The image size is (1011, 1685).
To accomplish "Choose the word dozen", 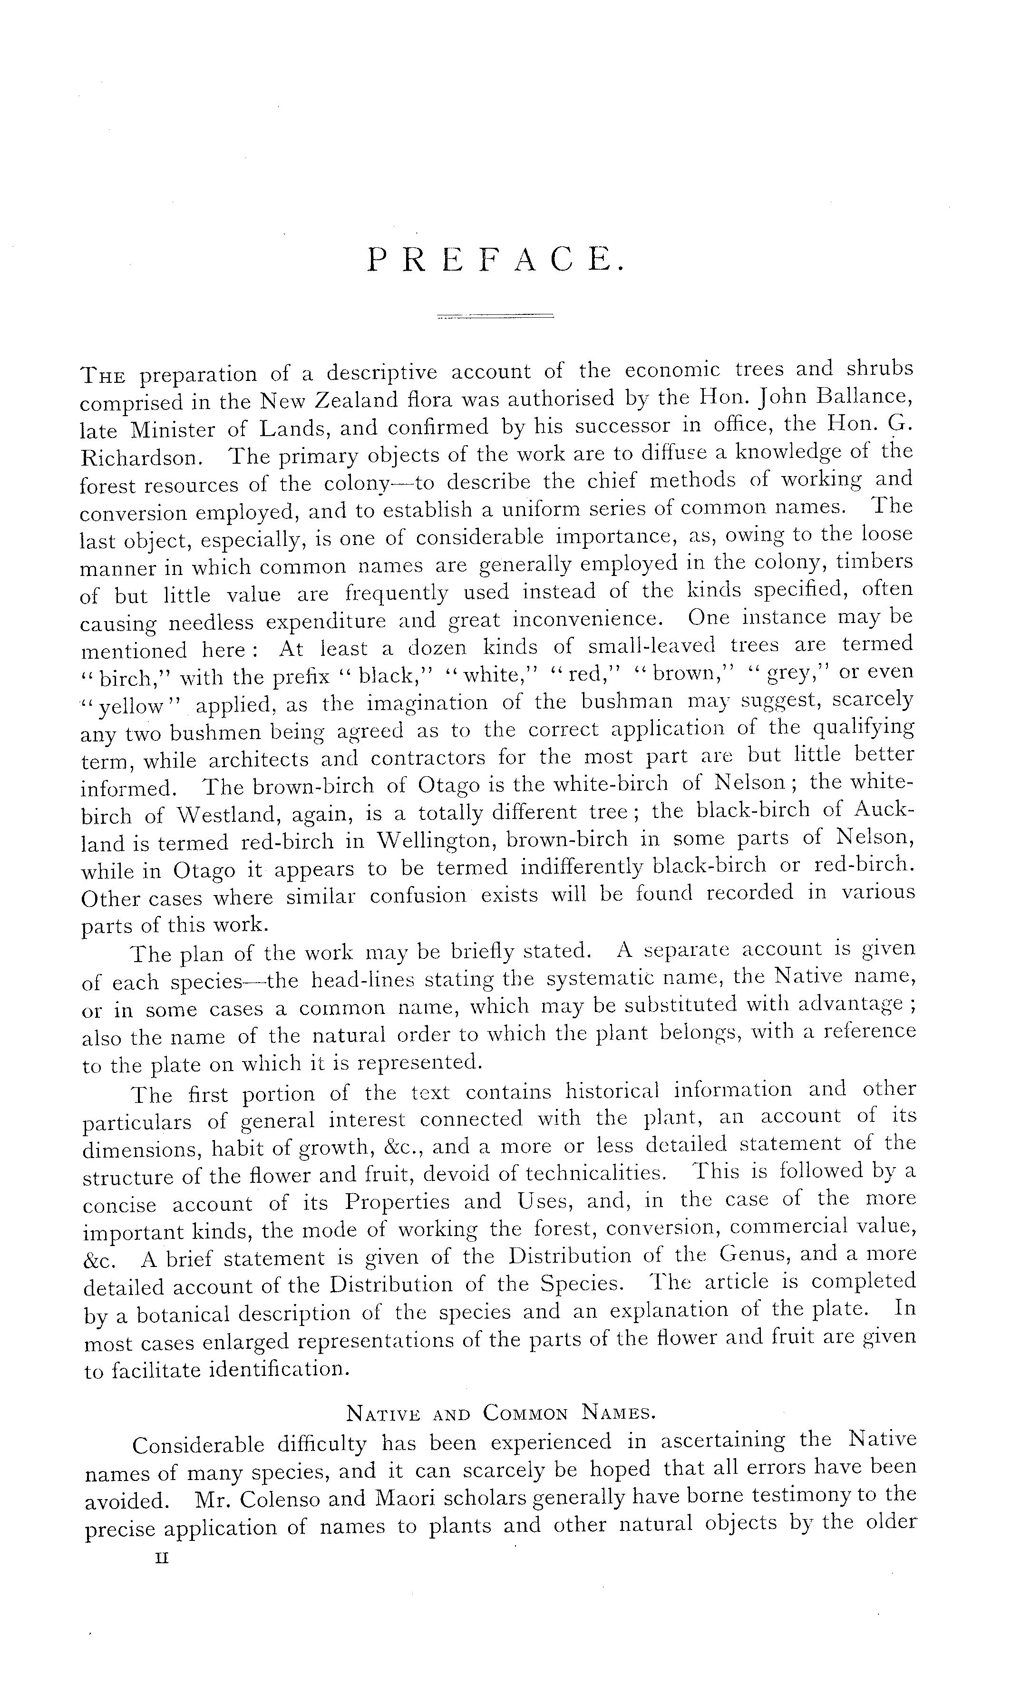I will (437, 647).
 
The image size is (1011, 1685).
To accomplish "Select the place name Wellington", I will (436, 841).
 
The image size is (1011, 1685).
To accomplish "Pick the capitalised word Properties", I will (396, 1202).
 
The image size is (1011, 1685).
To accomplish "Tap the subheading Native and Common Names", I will (501, 1414).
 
